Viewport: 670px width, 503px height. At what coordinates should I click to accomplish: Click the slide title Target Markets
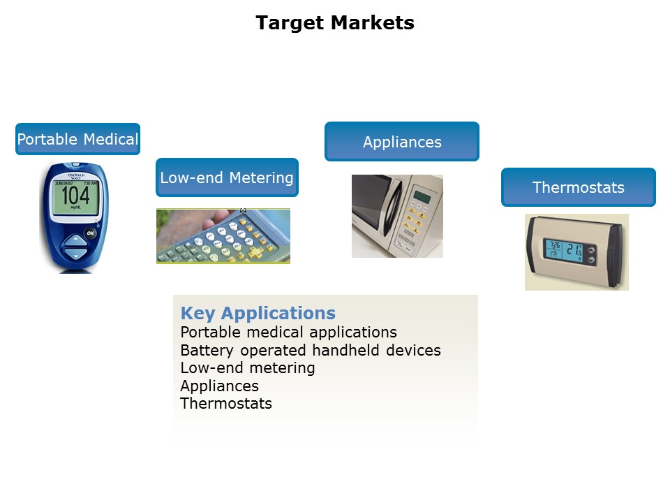335,23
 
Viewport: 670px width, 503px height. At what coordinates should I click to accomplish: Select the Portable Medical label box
78,139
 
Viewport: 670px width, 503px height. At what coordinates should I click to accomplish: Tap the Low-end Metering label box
227,177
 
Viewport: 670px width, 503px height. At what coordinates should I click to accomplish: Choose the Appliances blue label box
402,142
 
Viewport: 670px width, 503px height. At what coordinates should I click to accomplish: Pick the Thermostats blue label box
578,187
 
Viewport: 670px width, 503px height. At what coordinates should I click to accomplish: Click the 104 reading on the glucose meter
75,196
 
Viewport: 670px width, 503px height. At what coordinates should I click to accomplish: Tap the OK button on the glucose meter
91,233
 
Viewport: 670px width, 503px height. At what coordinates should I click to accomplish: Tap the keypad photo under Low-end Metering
223,236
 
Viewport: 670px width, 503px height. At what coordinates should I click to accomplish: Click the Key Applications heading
258,313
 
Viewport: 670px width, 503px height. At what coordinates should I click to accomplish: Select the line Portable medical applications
288,332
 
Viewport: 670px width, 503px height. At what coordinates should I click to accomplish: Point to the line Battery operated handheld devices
310,350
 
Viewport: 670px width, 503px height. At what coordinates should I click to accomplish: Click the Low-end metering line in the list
247,367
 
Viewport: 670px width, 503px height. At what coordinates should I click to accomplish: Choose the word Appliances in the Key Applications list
219,386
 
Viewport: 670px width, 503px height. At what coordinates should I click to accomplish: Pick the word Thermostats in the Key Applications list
225,403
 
